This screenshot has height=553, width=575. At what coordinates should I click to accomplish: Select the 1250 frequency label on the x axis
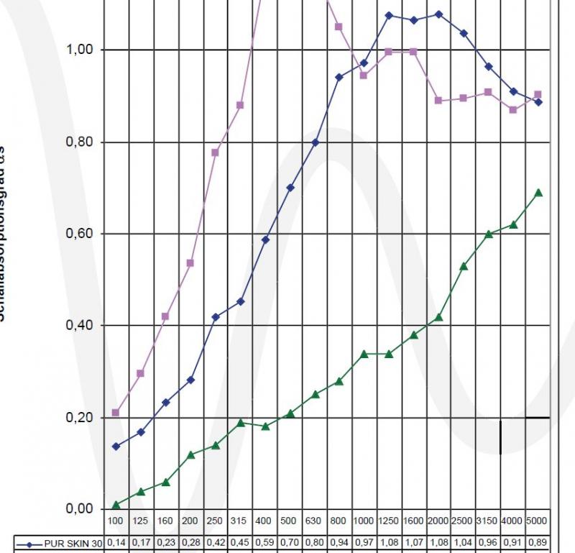pyautogui.click(x=389, y=520)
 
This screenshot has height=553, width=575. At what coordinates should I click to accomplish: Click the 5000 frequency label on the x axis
pyautogui.click(x=538, y=520)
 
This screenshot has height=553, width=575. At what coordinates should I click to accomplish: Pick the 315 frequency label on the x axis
pyautogui.click(x=240, y=520)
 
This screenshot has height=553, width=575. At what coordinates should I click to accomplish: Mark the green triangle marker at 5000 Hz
pyautogui.click(x=538, y=193)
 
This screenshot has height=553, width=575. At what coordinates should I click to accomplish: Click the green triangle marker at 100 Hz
pyautogui.click(x=116, y=505)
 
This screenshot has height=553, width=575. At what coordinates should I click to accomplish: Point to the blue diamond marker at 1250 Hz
pyautogui.click(x=389, y=15)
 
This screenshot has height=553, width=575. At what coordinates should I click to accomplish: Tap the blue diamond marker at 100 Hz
pyautogui.click(x=116, y=447)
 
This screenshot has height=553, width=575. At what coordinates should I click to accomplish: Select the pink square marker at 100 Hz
pyautogui.click(x=116, y=413)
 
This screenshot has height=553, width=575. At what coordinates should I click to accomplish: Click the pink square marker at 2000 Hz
pyautogui.click(x=438, y=101)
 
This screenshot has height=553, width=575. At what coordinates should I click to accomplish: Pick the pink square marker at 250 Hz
pyautogui.click(x=216, y=152)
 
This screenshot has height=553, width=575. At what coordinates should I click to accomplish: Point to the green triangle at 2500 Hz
pyautogui.click(x=464, y=266)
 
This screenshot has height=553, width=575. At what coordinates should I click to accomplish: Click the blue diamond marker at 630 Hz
pyautogui.click(x=315, y=142)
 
